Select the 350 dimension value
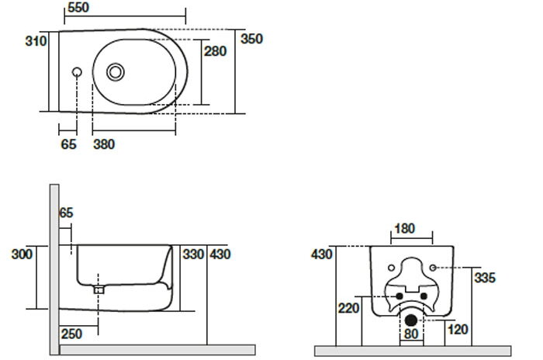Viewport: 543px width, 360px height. coord(251,37)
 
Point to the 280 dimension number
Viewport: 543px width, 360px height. coord(215,51)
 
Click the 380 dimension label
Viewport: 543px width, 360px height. coord(104,144)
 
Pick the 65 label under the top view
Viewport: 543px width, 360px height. coord(69,144)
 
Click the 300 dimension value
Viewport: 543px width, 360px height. coord(22,254)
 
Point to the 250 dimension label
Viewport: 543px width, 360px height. coord(72,334)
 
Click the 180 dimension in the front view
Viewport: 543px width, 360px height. coord(405,229)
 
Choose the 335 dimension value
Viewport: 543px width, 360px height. coord(484,277)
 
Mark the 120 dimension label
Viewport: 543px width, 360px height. coord(458,330)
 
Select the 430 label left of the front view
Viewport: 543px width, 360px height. coord(321,254)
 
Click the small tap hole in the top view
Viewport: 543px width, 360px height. coord(76,72)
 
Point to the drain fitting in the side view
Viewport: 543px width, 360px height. coord(99,288)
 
